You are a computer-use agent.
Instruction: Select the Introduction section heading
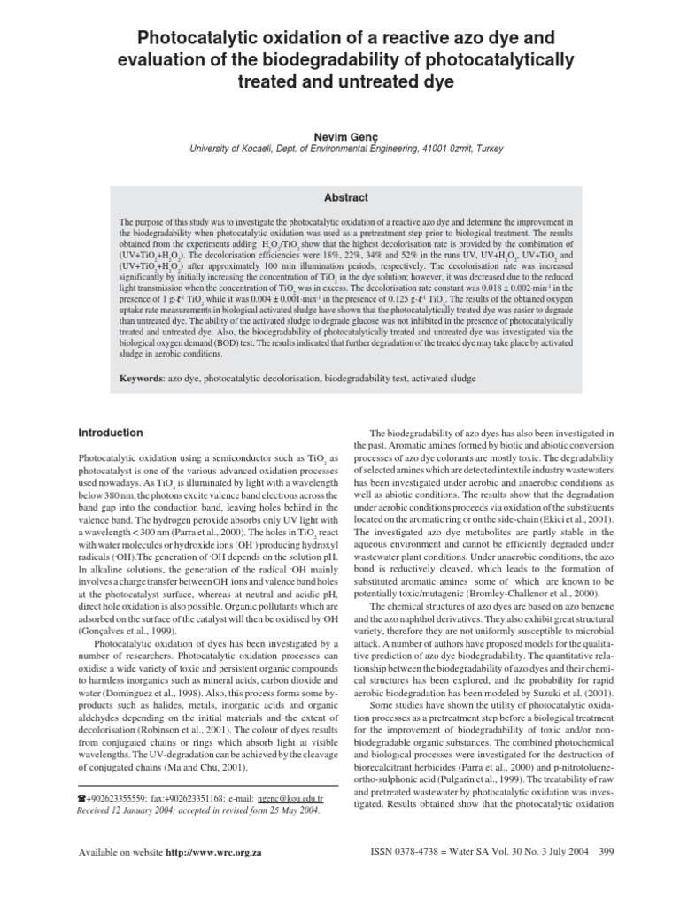111,433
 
